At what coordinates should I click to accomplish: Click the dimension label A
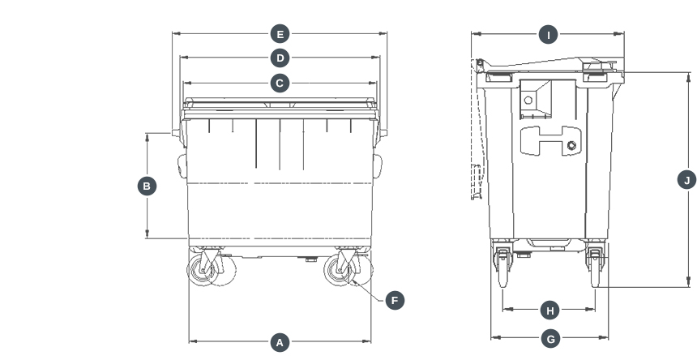coord(280,342)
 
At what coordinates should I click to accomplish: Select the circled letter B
coord(147,186)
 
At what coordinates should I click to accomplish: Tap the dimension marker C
coord(280,83)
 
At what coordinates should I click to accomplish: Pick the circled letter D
coord(280,58)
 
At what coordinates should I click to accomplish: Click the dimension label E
coord(280,34)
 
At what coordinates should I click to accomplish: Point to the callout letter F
coord(395,300)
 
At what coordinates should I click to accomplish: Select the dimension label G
coord(550,339)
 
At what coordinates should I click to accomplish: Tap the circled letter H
coord(550,311)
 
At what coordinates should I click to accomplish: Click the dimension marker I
coord(549,34)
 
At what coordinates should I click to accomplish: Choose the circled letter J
coord(686,180)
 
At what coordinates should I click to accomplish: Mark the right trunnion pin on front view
coord(384,132)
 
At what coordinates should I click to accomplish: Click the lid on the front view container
coord(280,105)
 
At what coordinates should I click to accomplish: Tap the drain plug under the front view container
coord(311,259)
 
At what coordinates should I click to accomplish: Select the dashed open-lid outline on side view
coord(476,178)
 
